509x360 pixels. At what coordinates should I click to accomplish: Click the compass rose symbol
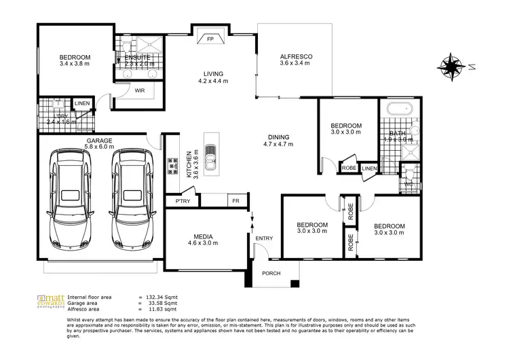click(x=450, y=66)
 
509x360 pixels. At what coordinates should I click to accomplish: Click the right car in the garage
click(x=131, y=198)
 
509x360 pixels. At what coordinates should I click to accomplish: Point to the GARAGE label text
click(x=99, y=141)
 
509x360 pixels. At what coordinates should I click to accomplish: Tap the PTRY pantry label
click(x=183, y=201)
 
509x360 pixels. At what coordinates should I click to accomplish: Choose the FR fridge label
click(x=235, y=201)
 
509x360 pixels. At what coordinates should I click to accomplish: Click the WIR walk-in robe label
click(x=140, y=90)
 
